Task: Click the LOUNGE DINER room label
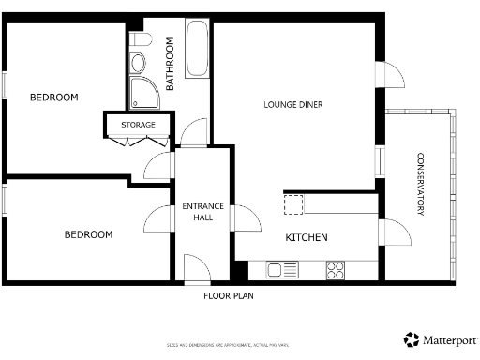point(293,105)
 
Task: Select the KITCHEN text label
point(307,238)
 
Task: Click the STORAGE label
point(138,125)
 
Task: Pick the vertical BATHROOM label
point(171,64)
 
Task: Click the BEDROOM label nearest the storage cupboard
point(53,97)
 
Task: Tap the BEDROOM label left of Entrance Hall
point(88,234)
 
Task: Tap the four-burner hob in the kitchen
point(336,271)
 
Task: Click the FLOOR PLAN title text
point(229,296)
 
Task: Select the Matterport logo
point(438,339)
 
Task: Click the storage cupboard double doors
point(137,141)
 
